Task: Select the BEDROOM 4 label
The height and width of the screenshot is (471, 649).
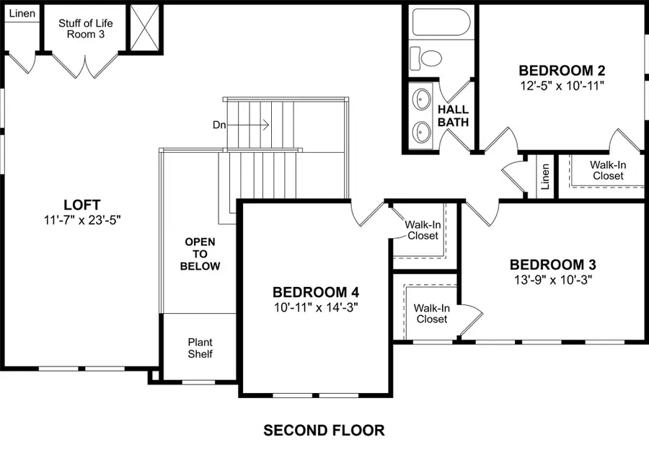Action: (x=315, y=292)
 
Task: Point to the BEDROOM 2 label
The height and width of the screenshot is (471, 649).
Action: (x=561, y=71)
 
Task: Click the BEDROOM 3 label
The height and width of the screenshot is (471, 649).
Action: (x=552, y=265)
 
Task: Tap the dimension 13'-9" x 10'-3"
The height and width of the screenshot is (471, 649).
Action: (x=552, y=279)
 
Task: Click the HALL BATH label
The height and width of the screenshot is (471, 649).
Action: (x=453, y=116)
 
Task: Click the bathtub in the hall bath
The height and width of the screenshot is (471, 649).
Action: (x=441, y=22)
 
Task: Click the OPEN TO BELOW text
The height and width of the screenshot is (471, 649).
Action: (x=200, y=254)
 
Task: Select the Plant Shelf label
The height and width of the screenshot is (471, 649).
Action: (x=200, y=348)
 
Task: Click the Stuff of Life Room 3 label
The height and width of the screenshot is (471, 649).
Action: (x=85, y=28)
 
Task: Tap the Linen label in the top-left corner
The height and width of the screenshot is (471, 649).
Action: (x=22, y=14)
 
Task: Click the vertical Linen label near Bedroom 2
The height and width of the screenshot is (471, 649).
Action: (x=545, y=176)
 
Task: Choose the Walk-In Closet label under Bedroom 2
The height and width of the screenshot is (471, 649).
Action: (x=606, y=170)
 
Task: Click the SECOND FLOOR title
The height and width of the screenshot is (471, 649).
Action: (x=324, y=431)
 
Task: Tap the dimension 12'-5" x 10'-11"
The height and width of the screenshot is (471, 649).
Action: (x=561, y=85)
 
